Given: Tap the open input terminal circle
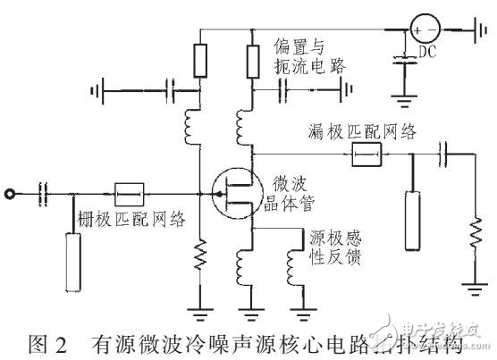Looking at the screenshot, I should click(x=12, y=191).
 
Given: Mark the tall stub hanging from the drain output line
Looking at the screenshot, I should click(x=412, y=218).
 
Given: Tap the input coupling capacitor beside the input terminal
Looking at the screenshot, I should click(x=41, y=191).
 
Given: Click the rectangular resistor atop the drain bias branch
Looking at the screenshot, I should click(x=253, y=59).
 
